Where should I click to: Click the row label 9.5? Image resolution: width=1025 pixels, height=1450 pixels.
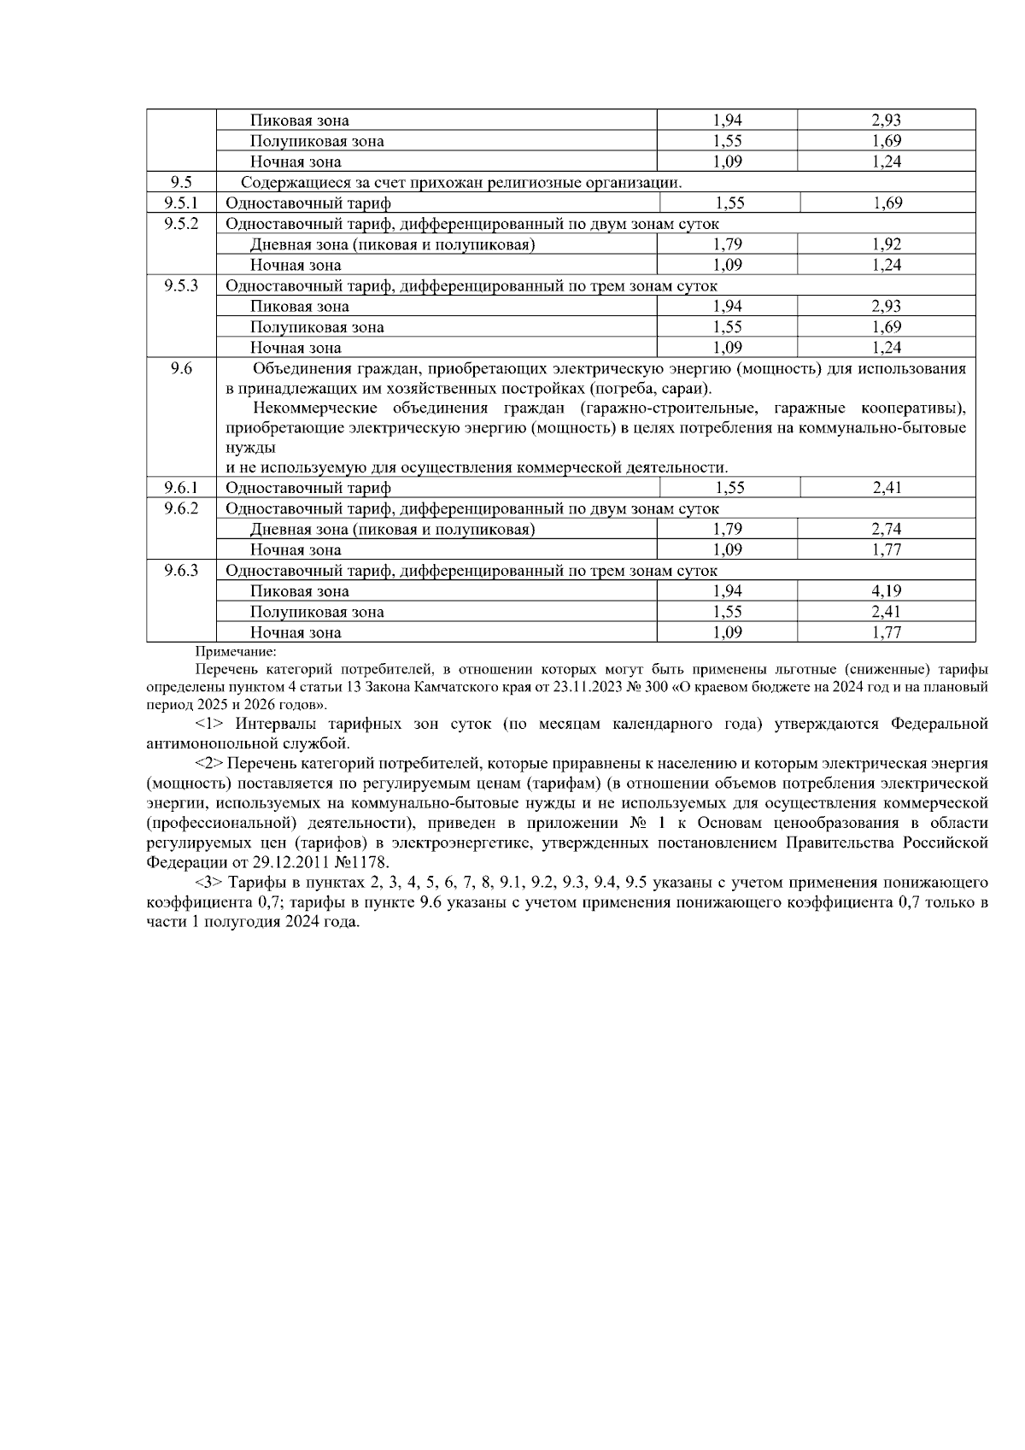click(181, 182)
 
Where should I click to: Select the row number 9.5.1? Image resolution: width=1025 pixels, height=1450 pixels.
click(181, 203)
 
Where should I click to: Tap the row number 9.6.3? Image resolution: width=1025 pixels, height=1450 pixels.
click(181, 570)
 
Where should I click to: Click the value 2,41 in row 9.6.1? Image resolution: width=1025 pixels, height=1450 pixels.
click(887, 488)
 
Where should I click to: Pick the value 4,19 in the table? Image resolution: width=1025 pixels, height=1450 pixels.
click(887, 591)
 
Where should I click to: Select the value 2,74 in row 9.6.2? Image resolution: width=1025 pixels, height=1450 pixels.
click(887, 529)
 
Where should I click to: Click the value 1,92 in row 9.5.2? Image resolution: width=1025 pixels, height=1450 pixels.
click(887, 244)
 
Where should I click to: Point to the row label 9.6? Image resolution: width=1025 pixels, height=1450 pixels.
click(181, 368)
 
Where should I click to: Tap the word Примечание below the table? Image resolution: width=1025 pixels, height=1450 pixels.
click(230, 651)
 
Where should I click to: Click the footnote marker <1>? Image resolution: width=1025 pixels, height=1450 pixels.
click(210, 725)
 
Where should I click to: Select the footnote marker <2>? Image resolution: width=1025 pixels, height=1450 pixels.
click(210, 763)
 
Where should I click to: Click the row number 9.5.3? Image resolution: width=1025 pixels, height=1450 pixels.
click(181, 285)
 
